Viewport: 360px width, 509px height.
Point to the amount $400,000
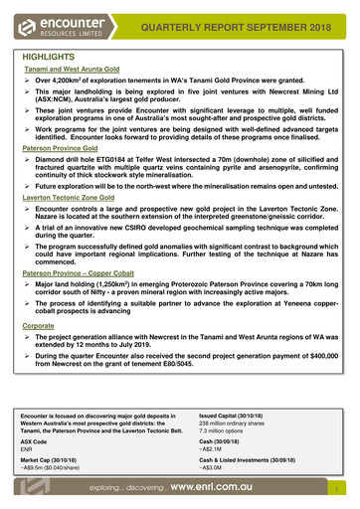pyautogui.click(x=314, y=382)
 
